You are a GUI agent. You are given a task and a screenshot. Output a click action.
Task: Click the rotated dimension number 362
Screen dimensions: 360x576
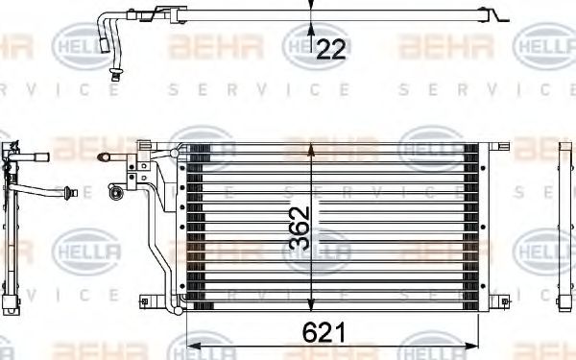tap(299, 228)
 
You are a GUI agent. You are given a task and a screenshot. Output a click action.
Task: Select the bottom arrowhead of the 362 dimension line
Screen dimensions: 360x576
tap(309, 307)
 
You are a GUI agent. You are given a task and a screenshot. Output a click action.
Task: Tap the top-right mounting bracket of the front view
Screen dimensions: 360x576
tap(500, 145)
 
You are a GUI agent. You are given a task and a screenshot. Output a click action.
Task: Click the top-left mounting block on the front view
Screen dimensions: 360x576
tap(143, 148)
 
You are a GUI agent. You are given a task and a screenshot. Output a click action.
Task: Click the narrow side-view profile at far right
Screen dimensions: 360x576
tap(564, 226)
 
